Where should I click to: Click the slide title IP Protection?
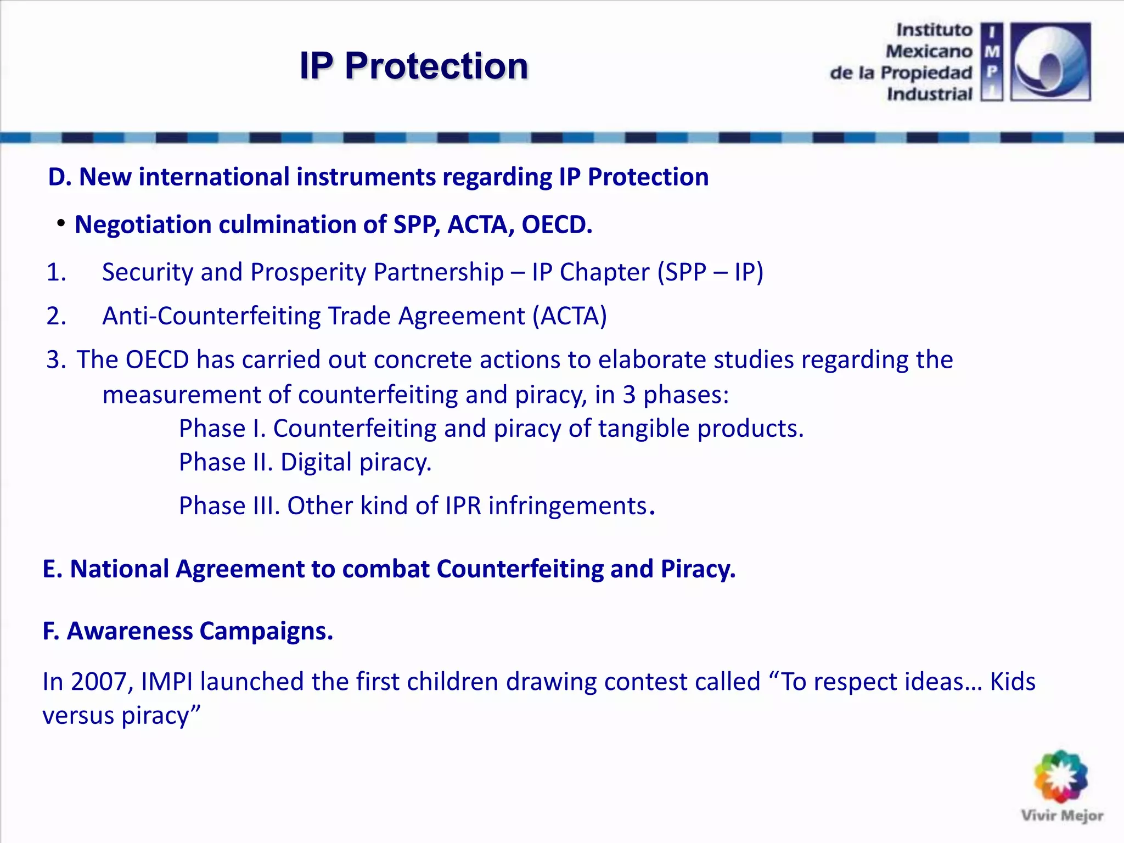point(414,66)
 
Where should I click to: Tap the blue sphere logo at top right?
point(1050,61)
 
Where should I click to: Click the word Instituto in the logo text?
point(934,30)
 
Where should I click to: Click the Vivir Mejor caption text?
point(1062,816)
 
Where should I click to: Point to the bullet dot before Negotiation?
point(61,223)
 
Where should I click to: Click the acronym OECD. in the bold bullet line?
point(557,224)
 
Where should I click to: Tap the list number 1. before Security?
point(56,272)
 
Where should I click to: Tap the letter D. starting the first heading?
point(60,177)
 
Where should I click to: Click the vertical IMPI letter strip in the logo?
point(992,61)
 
